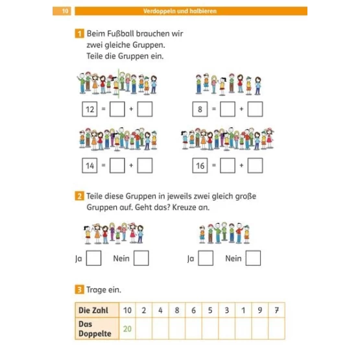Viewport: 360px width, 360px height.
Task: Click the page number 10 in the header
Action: (x=65, y=11)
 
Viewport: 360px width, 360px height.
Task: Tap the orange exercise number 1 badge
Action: (x=79, y=34)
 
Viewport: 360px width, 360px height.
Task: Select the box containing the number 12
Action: (x=90, y=109)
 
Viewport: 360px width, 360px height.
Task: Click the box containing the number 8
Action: (x=200, y=109)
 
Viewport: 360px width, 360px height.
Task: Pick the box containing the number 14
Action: (x=90, y=165)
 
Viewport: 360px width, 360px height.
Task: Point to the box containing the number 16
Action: (x=200, y=165)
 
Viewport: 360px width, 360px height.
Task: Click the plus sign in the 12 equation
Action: (x=131, y=109)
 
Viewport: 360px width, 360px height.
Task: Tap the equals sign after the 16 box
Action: (x=214, y=165)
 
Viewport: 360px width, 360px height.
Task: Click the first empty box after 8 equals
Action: (x=228, y=109)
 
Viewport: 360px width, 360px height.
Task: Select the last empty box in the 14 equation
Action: (x=145, y=165)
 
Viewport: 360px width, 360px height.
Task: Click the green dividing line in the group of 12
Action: (x=119, y=84)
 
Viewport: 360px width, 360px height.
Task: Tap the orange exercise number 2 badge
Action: (x=79, y=196)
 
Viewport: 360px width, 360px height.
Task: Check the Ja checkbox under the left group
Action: (x=93, y=258)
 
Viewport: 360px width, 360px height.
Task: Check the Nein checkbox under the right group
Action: (x=253, y=258)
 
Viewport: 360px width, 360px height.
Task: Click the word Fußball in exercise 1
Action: (x=127, y=34)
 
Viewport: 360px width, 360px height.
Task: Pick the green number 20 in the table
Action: (x=127, y=329)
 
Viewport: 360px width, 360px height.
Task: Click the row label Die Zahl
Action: (x=93, y=310)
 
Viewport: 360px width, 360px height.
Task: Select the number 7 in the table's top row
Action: (x=277, y=311)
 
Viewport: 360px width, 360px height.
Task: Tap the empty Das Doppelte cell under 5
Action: (x=210, y=329)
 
